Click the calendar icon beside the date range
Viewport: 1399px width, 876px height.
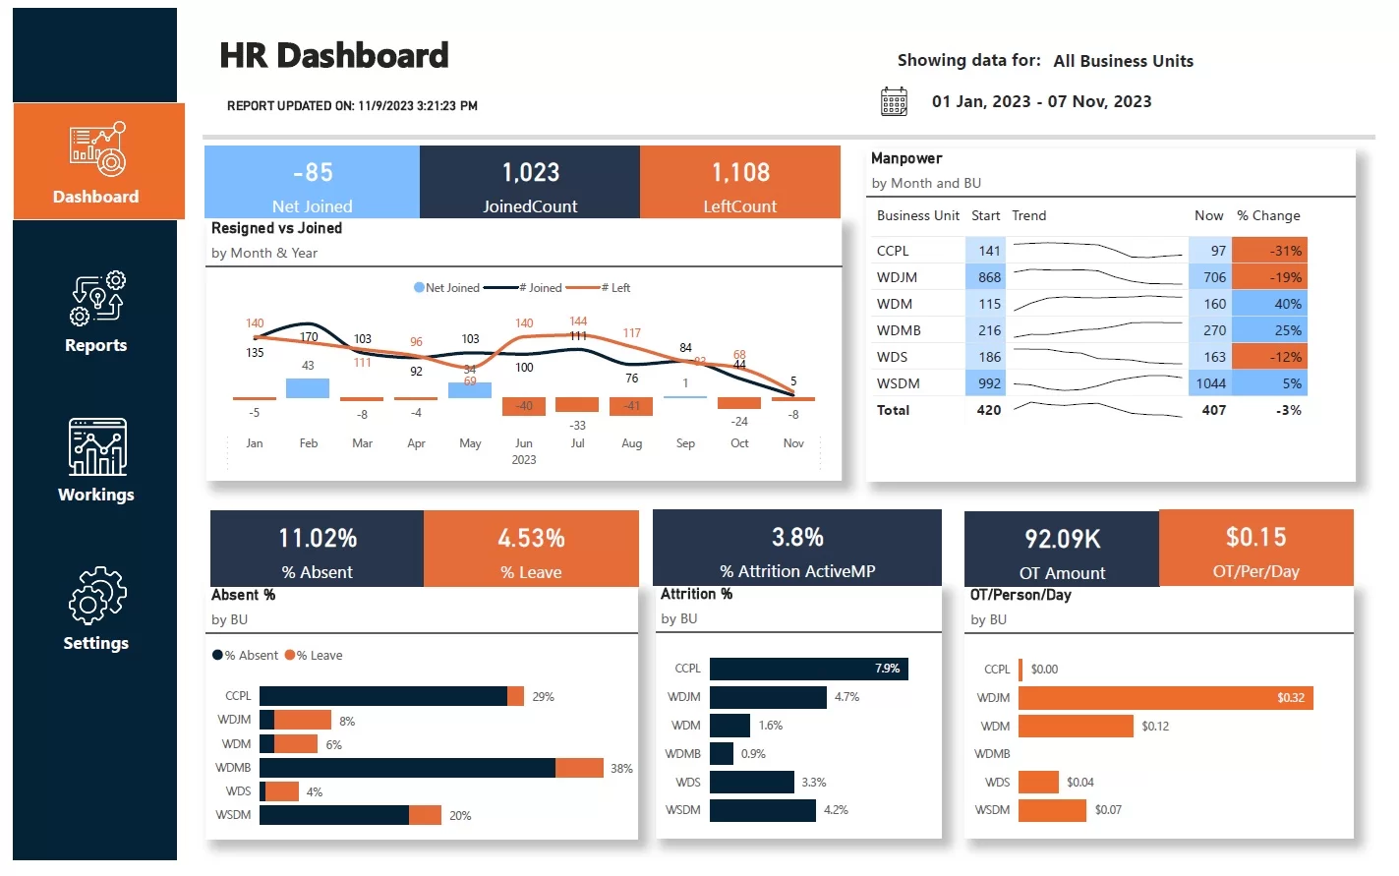coord(894,101)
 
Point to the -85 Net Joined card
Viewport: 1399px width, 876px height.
coord(312,183)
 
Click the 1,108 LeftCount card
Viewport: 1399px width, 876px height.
coord(739,183)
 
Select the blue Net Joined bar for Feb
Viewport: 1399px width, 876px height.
coord(308,388)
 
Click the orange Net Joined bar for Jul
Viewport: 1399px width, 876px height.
coord(577,404)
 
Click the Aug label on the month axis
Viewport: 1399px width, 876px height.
coord(631,443)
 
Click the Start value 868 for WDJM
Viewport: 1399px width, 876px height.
coord(988,277)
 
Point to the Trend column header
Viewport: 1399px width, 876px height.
coord(1028,215)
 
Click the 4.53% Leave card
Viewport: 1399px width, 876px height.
coord(531,549)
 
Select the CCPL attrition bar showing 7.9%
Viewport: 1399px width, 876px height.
coord(808,669)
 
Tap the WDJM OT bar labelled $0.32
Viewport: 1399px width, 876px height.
coord(1165,698)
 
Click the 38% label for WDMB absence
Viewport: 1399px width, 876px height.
coord(621,769)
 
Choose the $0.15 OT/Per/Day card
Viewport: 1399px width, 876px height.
coord(1255,549)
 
